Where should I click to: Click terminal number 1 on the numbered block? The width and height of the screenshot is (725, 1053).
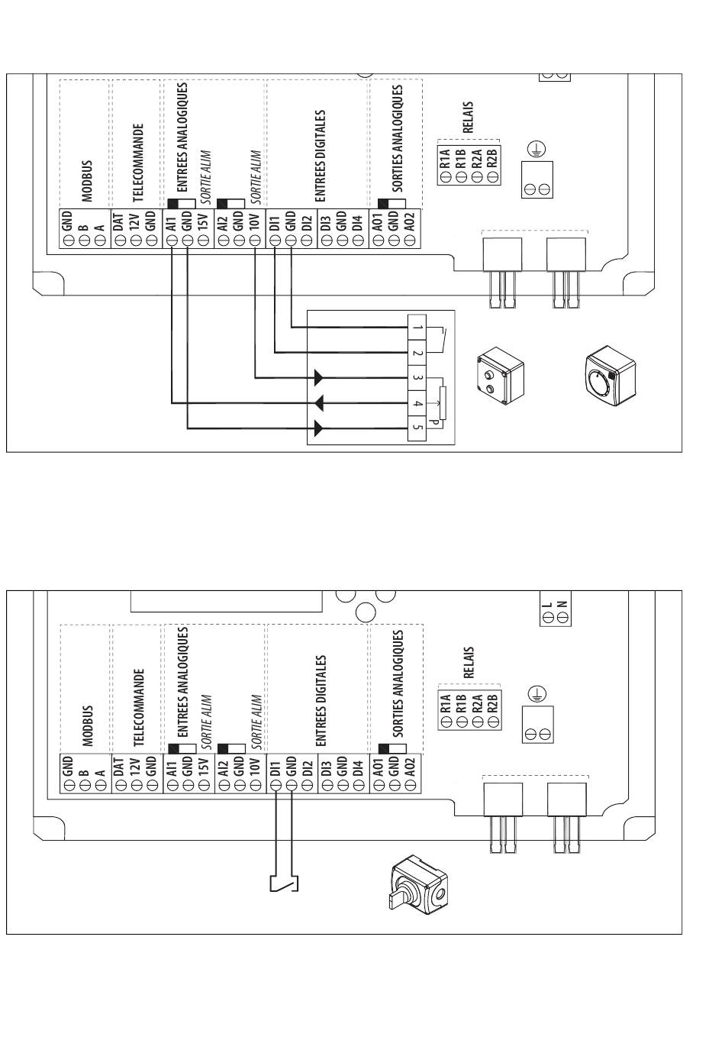(x=417, y=327)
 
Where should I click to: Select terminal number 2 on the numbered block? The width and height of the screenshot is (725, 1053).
(x=417, y=353)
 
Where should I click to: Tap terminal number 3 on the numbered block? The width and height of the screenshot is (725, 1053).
(x=417, y=378)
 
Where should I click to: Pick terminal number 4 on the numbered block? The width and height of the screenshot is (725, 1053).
(x=417, y=403)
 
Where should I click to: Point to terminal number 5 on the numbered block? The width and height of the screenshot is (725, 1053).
(x=417, y=428)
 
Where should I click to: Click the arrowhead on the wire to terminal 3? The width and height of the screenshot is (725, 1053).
(x=319, y=377)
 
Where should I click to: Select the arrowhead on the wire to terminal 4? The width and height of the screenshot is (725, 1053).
(x=319, y=403)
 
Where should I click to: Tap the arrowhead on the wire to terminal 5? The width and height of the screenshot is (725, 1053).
(x=319, y=428)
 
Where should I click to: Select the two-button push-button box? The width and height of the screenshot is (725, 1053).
(x=501, y=376)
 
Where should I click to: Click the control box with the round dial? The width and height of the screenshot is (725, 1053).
(x=611, y=375)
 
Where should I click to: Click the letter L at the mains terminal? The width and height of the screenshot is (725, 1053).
(x=547, y=604)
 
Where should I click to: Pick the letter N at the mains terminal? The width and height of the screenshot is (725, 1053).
(x=563, y=604)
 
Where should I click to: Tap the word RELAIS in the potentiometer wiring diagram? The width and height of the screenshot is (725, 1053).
(x=468, y=118)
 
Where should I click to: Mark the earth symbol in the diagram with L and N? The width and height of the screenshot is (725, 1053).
(x=536, y=693)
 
